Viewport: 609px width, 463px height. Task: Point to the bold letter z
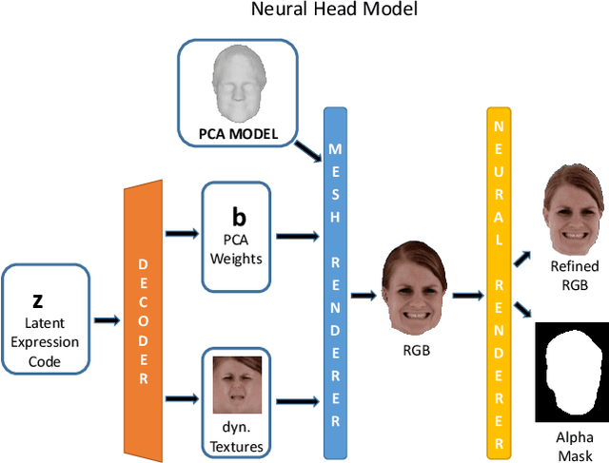(x=38, y=300)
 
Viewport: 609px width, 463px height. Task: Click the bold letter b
(x=239, y=217)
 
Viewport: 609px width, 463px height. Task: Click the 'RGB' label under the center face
(x=416, y=349)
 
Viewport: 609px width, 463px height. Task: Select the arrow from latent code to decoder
(x=107, y=321)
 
